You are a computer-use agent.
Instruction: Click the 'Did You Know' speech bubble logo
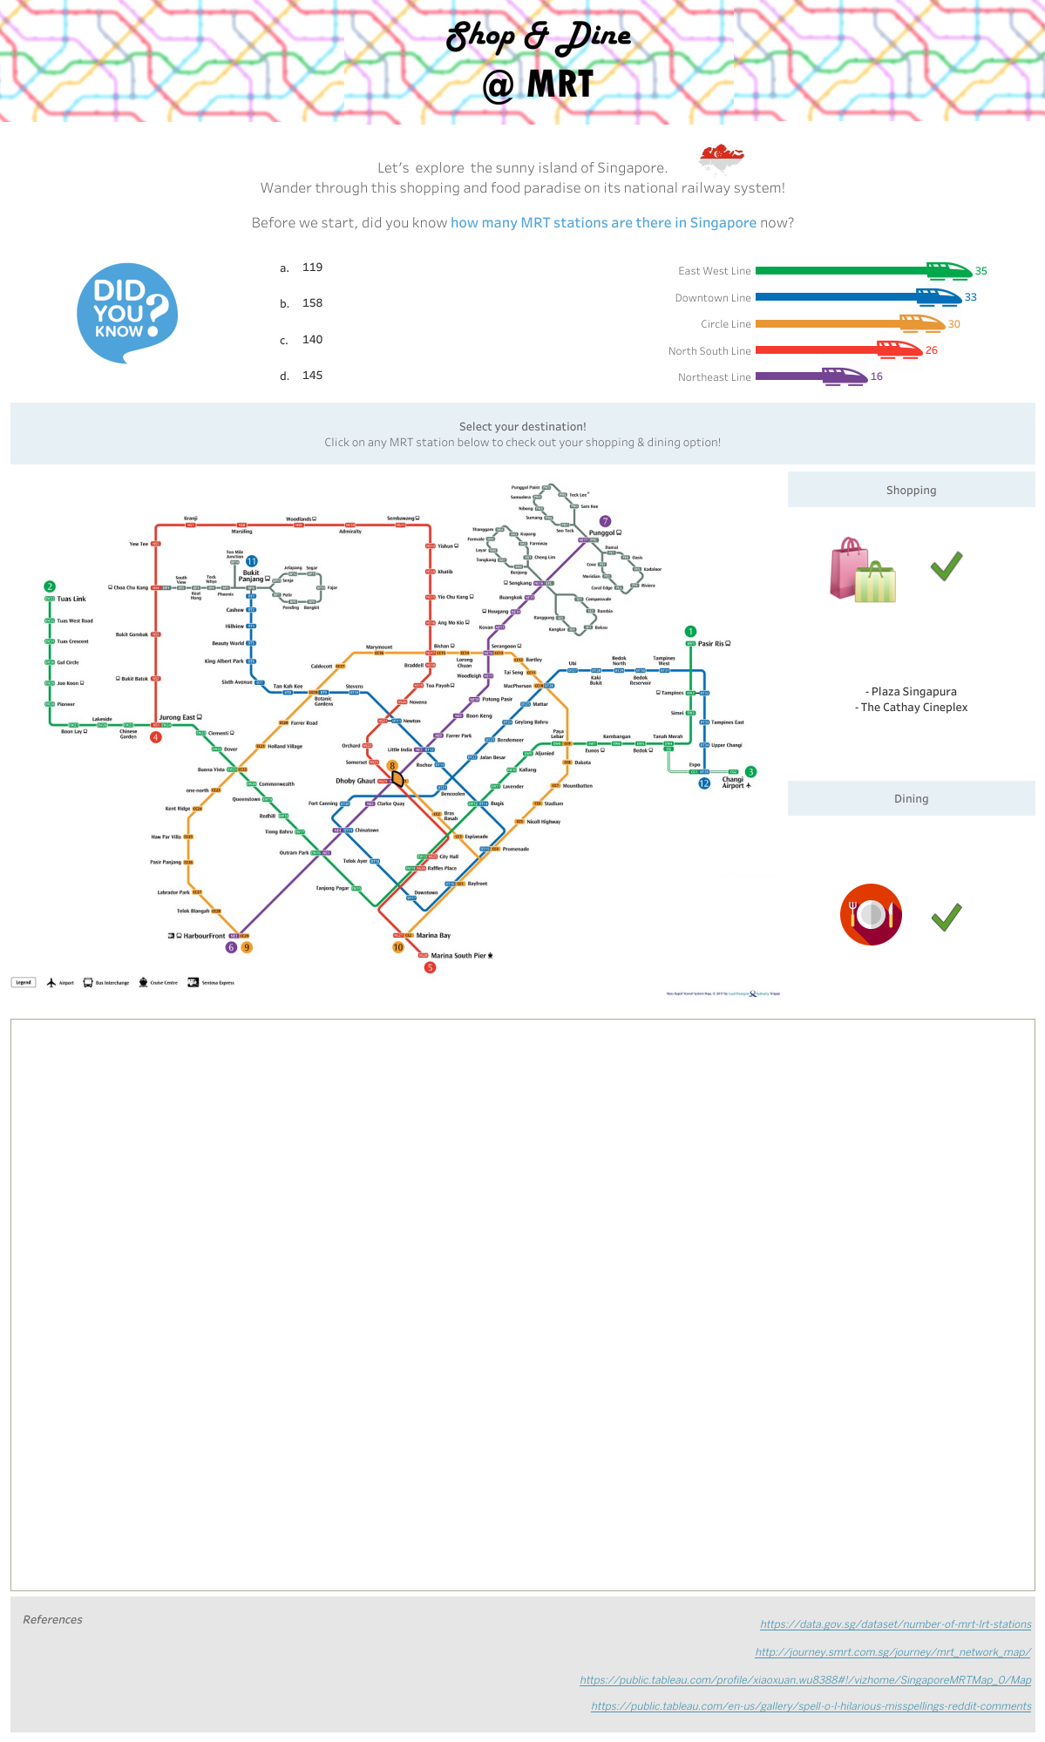127,312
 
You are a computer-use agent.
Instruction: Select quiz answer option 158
312,303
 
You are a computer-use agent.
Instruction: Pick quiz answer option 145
312,376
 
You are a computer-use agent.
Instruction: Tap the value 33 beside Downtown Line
970,297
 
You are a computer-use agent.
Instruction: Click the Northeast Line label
714,377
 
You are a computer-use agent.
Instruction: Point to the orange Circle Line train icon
920,323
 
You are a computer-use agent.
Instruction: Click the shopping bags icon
862,571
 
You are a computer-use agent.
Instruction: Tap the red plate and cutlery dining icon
871,914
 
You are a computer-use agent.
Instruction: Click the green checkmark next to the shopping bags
946,566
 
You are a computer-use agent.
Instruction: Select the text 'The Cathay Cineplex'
913,708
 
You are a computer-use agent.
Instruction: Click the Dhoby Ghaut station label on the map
356,781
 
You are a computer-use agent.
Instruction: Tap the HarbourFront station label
204,936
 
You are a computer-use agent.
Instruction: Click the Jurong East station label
177,717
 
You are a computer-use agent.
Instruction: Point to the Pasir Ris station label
711,643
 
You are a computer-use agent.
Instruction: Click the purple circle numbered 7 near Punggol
605,521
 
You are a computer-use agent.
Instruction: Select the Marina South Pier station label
458,956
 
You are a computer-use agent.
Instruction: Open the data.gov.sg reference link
895,1624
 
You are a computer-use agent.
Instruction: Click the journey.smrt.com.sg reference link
892,1652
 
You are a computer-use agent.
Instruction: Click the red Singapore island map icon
721,156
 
